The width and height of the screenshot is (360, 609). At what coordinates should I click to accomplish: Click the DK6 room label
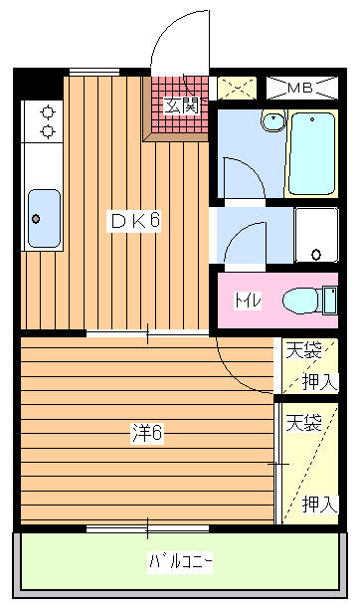pyautogui.click(x=134, y=221)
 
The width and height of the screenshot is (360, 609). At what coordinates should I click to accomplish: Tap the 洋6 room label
pyautogui.click(x=147, y=434)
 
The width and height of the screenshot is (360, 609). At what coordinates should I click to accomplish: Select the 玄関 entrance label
pyautogui.click(x=181, y=105)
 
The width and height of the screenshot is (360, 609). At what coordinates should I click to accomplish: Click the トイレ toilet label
pyautogui.click(x=248, y=301)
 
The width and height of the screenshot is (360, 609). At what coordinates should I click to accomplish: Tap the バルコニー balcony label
pyautogui.click(x=180, y=561)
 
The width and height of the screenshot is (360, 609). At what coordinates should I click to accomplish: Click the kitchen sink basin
pyautogui.click(x=45, y=219)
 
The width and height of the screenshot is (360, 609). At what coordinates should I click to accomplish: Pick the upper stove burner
pyautogui.click(x=48, y=112)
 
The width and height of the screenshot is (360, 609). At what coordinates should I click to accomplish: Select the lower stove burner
pyautogui.click(x=48, y=131)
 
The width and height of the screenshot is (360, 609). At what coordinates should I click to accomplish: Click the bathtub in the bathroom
pyautogui.click(x=312, y=153)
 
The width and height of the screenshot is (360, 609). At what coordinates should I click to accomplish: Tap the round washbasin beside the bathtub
pyautogui.click(x=273, y=119)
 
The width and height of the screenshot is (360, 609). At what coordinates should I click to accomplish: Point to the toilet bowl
pyautogui.click(x=300, y=301)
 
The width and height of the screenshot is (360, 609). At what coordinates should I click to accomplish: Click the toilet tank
pyautogui.click(x=329, y=300)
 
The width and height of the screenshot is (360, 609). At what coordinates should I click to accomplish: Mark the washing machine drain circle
pyautogui.click(x=316, y=255)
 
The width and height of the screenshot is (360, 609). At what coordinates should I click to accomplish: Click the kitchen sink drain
pyautogui.click(x=36, y=219)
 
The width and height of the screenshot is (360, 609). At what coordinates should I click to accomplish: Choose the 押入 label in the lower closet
pyautogui.click(x=319, y=505)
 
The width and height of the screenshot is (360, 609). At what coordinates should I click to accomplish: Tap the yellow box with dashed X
pyautogui.click(x=237, y=88)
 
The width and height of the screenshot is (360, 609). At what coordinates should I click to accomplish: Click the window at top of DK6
pyautogui.click(x=94, y=72)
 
